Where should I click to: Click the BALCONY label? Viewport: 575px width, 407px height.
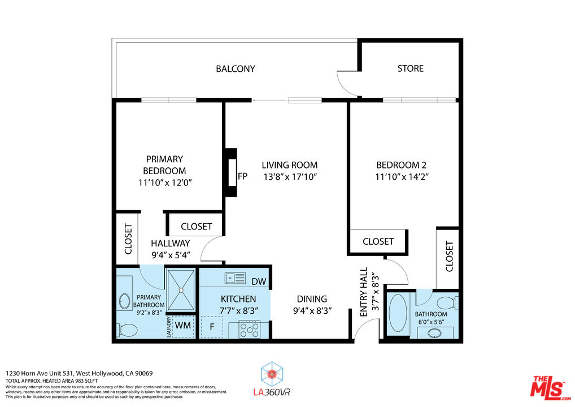point(236,69)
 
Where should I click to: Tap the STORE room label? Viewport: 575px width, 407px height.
point(410,68)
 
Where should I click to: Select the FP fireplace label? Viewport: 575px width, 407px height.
point(243,176)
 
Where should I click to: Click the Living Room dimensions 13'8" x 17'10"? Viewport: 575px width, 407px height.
point(290,177)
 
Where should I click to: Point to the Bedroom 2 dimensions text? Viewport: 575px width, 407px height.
point(402,177)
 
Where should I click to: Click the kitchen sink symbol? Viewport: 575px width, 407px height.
point(235,278)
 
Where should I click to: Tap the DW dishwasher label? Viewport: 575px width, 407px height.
point(259,282)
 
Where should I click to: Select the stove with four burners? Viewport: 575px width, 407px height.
point(249,329)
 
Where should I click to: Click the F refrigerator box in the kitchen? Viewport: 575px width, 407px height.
point(212,327)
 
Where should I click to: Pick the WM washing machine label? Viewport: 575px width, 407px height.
point(182,326)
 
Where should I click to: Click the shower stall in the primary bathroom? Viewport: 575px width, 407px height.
point(181,290)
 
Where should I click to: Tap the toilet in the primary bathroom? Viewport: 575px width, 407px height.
point(127,330)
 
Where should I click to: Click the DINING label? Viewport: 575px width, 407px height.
point(312,299)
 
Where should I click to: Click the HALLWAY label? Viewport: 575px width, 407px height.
point(171,243)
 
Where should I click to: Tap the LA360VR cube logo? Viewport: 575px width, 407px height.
point(272,374)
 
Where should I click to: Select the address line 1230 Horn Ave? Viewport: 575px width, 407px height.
point(79,374)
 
